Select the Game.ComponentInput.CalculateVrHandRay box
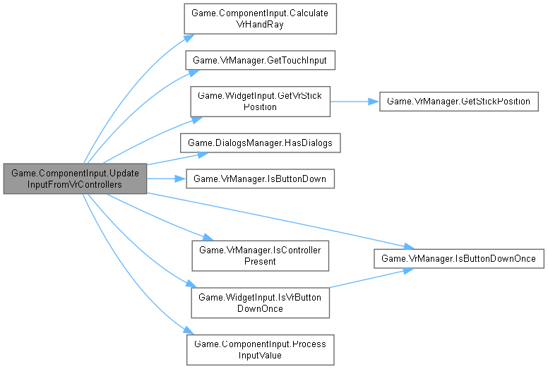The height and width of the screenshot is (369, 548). (260, 19)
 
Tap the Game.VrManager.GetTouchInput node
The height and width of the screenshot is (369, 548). (260, 61)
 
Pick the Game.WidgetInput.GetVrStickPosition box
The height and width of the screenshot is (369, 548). (260, 102)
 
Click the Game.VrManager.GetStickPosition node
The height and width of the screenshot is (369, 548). (459, 102)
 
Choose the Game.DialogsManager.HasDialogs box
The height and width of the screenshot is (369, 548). (260, 143)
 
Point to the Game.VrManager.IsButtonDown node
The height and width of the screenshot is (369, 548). (260, 179)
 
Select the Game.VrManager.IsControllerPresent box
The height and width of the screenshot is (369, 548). (260, 255)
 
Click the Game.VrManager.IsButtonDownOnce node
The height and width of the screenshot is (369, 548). (459, 259)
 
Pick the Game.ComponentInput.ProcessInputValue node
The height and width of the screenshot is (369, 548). (260, 349)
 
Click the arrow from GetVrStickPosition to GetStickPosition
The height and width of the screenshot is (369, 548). (353, 102)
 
